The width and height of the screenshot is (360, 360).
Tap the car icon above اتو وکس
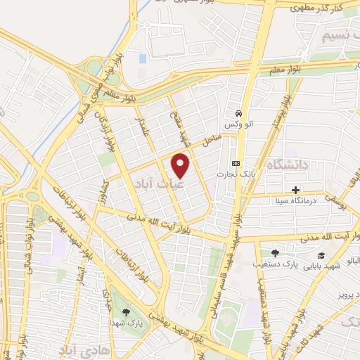coord(239,113)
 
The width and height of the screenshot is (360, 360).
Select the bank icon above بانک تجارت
coord(235,163)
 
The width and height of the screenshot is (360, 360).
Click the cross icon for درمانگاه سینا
coord(295,190)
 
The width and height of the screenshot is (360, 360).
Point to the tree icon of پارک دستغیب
coord(274,253)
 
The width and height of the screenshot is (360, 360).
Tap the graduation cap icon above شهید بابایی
coord(321,256)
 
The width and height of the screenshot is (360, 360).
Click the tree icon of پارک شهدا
coord(126,312)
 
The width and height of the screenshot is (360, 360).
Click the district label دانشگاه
coord(286,166)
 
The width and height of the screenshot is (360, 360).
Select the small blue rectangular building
coord(143,58)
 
